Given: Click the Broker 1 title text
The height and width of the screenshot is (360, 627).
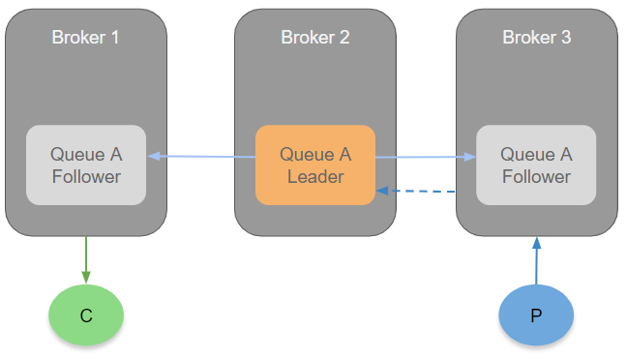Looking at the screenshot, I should tap(85, 38).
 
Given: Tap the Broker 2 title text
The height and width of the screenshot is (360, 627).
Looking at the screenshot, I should tap(315, 38).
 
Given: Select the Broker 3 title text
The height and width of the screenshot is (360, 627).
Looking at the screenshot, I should tap(537, 38).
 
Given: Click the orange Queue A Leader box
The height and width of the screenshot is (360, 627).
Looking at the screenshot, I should tap(315, 165).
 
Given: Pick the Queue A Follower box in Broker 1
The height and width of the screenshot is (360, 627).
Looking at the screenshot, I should tap(86, 165).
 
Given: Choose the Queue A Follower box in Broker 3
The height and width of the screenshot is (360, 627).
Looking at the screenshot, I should tap(536, 165).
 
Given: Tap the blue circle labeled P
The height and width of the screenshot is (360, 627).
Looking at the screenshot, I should tap(536, 315).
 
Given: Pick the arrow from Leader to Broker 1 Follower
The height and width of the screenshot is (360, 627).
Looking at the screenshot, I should tap(201, 157).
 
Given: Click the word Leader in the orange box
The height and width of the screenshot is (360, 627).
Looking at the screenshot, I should tap(315, 177).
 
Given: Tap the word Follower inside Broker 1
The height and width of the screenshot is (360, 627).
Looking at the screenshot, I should tap(86, 177).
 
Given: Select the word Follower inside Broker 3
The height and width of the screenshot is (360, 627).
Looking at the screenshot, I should tap(536, 177).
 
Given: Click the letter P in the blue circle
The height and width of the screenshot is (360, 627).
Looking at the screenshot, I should tap(536, 315).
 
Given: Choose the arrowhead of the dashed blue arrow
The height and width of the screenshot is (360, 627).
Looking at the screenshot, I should tap(383, 191).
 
